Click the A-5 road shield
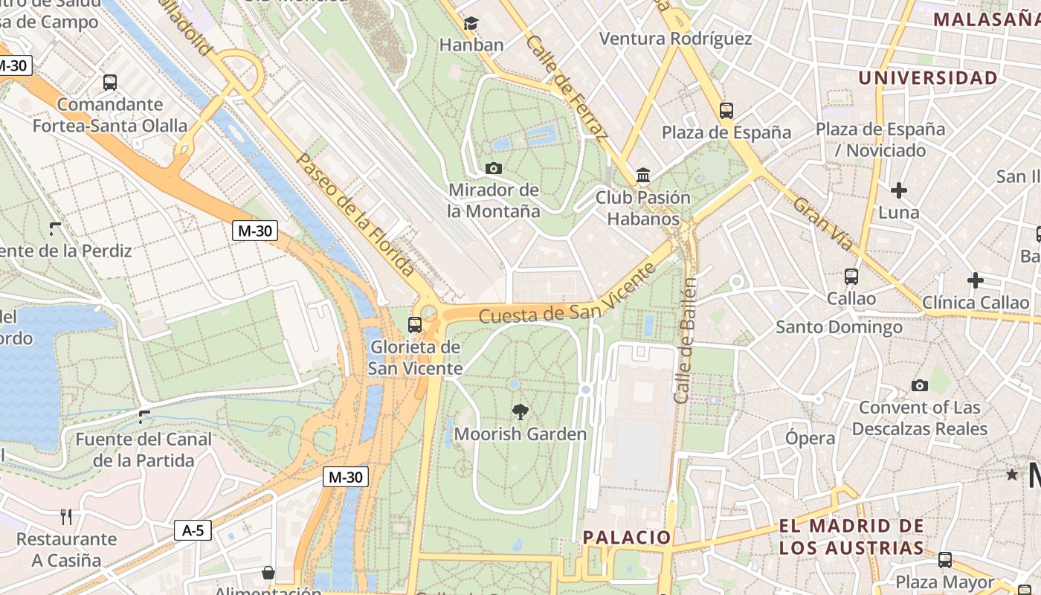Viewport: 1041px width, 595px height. (193, 530)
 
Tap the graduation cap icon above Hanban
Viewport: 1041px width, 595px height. (471, 24)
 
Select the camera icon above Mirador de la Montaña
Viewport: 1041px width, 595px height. (493, 169)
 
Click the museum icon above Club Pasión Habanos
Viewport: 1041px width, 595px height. (643, 176)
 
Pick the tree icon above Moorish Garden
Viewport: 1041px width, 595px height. (520, 411)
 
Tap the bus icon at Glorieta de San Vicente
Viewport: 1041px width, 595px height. (415, 325)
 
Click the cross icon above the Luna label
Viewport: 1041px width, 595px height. (899, 190)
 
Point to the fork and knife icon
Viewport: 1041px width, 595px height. (66, 516)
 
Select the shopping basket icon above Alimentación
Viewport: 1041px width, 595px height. (268, 573)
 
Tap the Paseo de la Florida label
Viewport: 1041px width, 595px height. (355, 214)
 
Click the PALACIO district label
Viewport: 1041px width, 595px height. (627, 537)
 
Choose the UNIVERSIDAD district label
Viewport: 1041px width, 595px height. (928, 78)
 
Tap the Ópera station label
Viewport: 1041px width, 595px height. (810, 438)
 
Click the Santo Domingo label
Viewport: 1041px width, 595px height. (839, 327)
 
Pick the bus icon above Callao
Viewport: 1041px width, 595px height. (851, 277)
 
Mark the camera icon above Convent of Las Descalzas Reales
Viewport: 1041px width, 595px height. (920, 385)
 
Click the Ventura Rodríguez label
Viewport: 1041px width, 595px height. (675, 39)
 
